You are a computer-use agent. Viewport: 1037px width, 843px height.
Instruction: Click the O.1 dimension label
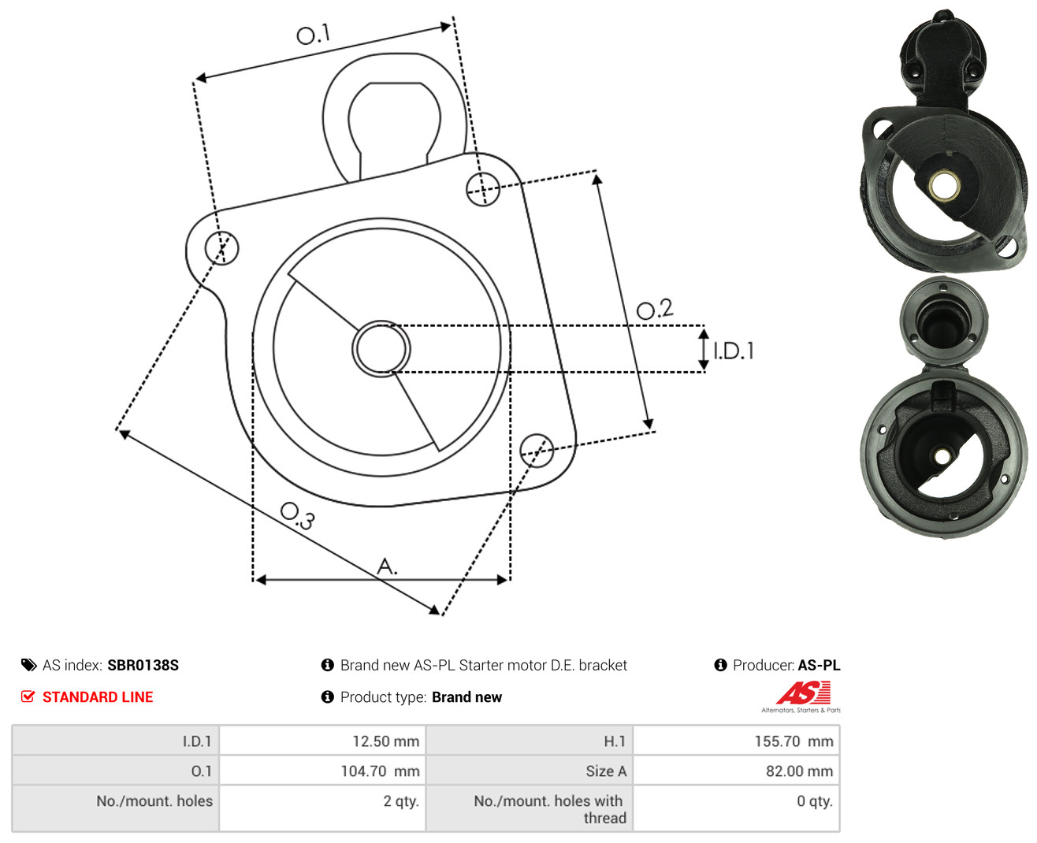(313, 34)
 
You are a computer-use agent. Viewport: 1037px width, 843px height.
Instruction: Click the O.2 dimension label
(655, 309)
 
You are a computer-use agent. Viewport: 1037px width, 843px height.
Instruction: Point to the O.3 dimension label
(298, 516)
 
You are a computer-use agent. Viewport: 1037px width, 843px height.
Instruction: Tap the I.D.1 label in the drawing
(733, 351)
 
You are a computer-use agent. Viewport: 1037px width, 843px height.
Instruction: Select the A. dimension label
(387, 566)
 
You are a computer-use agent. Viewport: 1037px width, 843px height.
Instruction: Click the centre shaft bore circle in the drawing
(381, 348)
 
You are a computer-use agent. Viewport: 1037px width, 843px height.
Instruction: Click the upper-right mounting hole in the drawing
(482, 189)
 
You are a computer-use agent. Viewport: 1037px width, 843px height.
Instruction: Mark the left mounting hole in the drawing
(221, 247)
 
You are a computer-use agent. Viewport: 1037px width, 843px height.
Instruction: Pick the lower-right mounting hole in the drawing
(537, 451)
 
